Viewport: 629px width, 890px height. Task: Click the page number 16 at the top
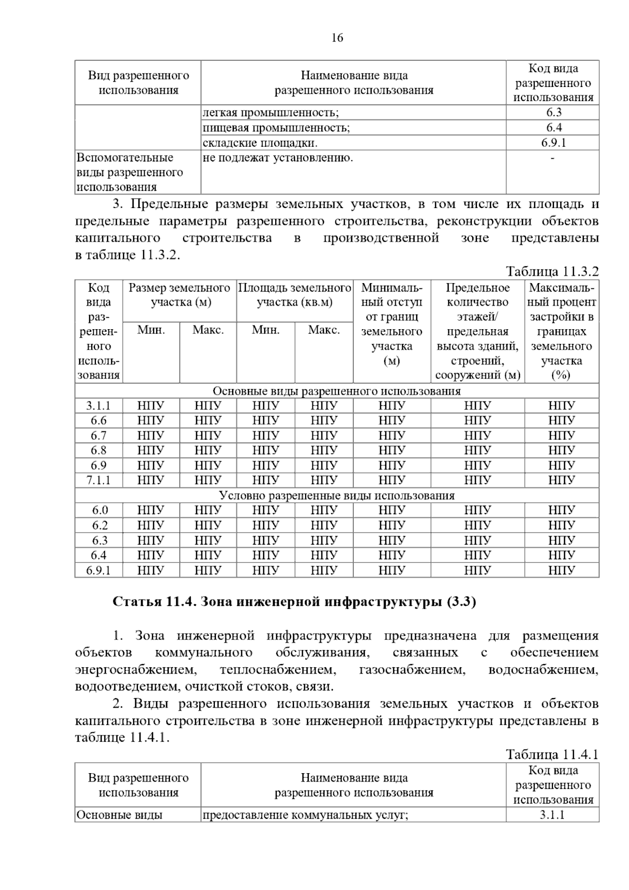point(337,38)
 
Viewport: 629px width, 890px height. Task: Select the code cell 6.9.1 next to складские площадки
point(553,143)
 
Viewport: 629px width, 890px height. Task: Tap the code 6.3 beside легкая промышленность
point(553,112)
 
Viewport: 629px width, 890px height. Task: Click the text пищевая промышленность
point(276,127)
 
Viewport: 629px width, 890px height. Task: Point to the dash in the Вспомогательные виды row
point(552,157)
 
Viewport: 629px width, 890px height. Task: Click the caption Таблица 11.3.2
point(552,272)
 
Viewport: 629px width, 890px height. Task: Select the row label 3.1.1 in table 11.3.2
point(99,406)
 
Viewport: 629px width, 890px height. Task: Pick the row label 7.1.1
point(99,480)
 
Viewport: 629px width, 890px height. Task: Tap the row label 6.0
point(99,511)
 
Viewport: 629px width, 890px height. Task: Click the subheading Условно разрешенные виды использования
point(337,495)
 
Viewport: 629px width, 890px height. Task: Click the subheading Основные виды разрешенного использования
point(337,391)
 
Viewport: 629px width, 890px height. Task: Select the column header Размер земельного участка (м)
point(180,295)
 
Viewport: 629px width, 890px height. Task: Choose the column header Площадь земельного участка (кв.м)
point(295,295)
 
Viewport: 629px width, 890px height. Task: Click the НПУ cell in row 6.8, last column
point(561,450)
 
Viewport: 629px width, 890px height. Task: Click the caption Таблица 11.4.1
point(552,754)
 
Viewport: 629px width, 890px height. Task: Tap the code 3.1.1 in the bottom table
point(553,815)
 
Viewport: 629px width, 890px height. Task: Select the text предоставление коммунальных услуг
point(305,815)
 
